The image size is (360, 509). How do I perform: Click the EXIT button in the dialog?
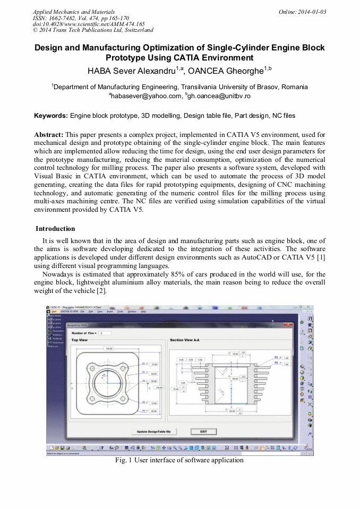click(203, 432)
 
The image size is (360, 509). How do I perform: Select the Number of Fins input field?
click(105, 333)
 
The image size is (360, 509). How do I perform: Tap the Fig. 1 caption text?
click(179, 460)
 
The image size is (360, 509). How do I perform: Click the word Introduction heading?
click(55, 229)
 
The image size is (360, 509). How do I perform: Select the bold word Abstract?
click(49, 135)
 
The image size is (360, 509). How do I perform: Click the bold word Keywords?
click(51, 115)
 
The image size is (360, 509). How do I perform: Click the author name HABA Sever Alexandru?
click(133, 71)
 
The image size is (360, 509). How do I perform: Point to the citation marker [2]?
click(101, 290)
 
